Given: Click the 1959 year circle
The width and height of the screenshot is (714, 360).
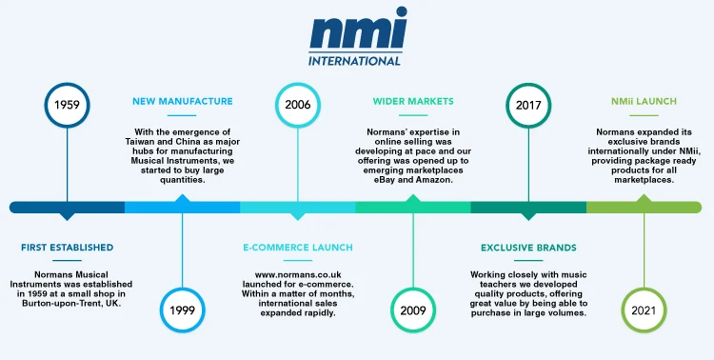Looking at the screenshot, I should [67, 104].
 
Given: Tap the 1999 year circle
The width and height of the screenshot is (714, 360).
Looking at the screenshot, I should [182, 310].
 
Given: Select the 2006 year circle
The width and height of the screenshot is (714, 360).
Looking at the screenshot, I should [297, 104].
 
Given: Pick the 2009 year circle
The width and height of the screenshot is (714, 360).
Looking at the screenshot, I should [413, 310].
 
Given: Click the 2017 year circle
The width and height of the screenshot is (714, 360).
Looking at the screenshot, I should [528, 104].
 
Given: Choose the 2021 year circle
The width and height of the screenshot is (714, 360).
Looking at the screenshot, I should [644, 310].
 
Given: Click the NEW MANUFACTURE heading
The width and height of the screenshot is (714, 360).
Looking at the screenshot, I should [182, 101].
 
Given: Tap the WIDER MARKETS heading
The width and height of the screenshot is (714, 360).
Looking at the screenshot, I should [413, 101].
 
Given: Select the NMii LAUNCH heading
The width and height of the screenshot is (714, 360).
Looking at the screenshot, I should [644, 101].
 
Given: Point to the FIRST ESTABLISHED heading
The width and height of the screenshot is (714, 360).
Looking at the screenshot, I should [67, 248].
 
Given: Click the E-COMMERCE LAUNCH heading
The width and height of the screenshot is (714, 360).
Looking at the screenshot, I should [297, 248].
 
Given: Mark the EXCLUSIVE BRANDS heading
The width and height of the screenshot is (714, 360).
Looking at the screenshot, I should [528, 248].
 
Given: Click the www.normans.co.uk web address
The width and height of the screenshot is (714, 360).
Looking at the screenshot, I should [297, 275].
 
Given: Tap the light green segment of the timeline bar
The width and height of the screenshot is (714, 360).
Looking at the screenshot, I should [644, 207].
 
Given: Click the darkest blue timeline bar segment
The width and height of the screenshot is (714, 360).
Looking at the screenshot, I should [67, 207].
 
